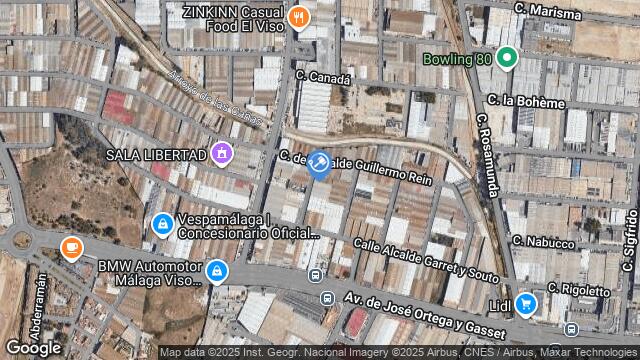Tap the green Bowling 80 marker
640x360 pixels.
506,58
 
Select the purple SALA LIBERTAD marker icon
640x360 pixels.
221,154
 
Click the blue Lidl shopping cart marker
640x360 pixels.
525,303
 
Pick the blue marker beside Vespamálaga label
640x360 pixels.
161,225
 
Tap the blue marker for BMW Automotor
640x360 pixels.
216,271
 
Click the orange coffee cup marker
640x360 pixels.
71,247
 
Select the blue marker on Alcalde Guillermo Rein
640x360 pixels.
318,164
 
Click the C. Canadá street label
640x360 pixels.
324,77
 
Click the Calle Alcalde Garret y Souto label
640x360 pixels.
426,258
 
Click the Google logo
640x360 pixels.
33,347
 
